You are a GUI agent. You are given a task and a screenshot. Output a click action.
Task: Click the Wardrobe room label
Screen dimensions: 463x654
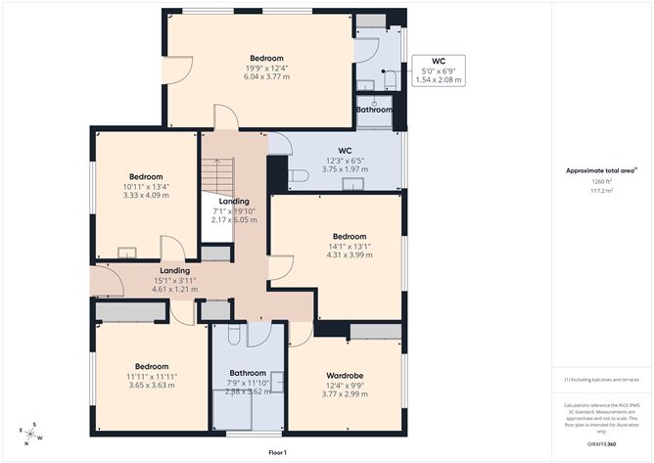(346, 374)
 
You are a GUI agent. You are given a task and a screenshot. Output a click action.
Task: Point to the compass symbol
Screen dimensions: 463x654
(29, 432)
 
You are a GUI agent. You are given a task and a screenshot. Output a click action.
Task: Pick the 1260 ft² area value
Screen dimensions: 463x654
(600, 182)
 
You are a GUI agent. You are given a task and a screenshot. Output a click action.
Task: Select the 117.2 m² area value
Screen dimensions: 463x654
(600, 192)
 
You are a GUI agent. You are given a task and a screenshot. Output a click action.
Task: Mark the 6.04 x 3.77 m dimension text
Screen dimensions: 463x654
(266, 76)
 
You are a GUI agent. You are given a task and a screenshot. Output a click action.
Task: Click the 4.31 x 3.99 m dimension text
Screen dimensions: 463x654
(350, 255)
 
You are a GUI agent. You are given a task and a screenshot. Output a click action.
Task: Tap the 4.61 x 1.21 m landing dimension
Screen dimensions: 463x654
(174, 290)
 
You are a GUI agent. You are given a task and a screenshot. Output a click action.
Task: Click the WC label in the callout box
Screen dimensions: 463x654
(439, 60)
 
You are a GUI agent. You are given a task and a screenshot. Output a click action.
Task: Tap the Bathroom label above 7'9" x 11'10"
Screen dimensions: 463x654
(248, 373)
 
